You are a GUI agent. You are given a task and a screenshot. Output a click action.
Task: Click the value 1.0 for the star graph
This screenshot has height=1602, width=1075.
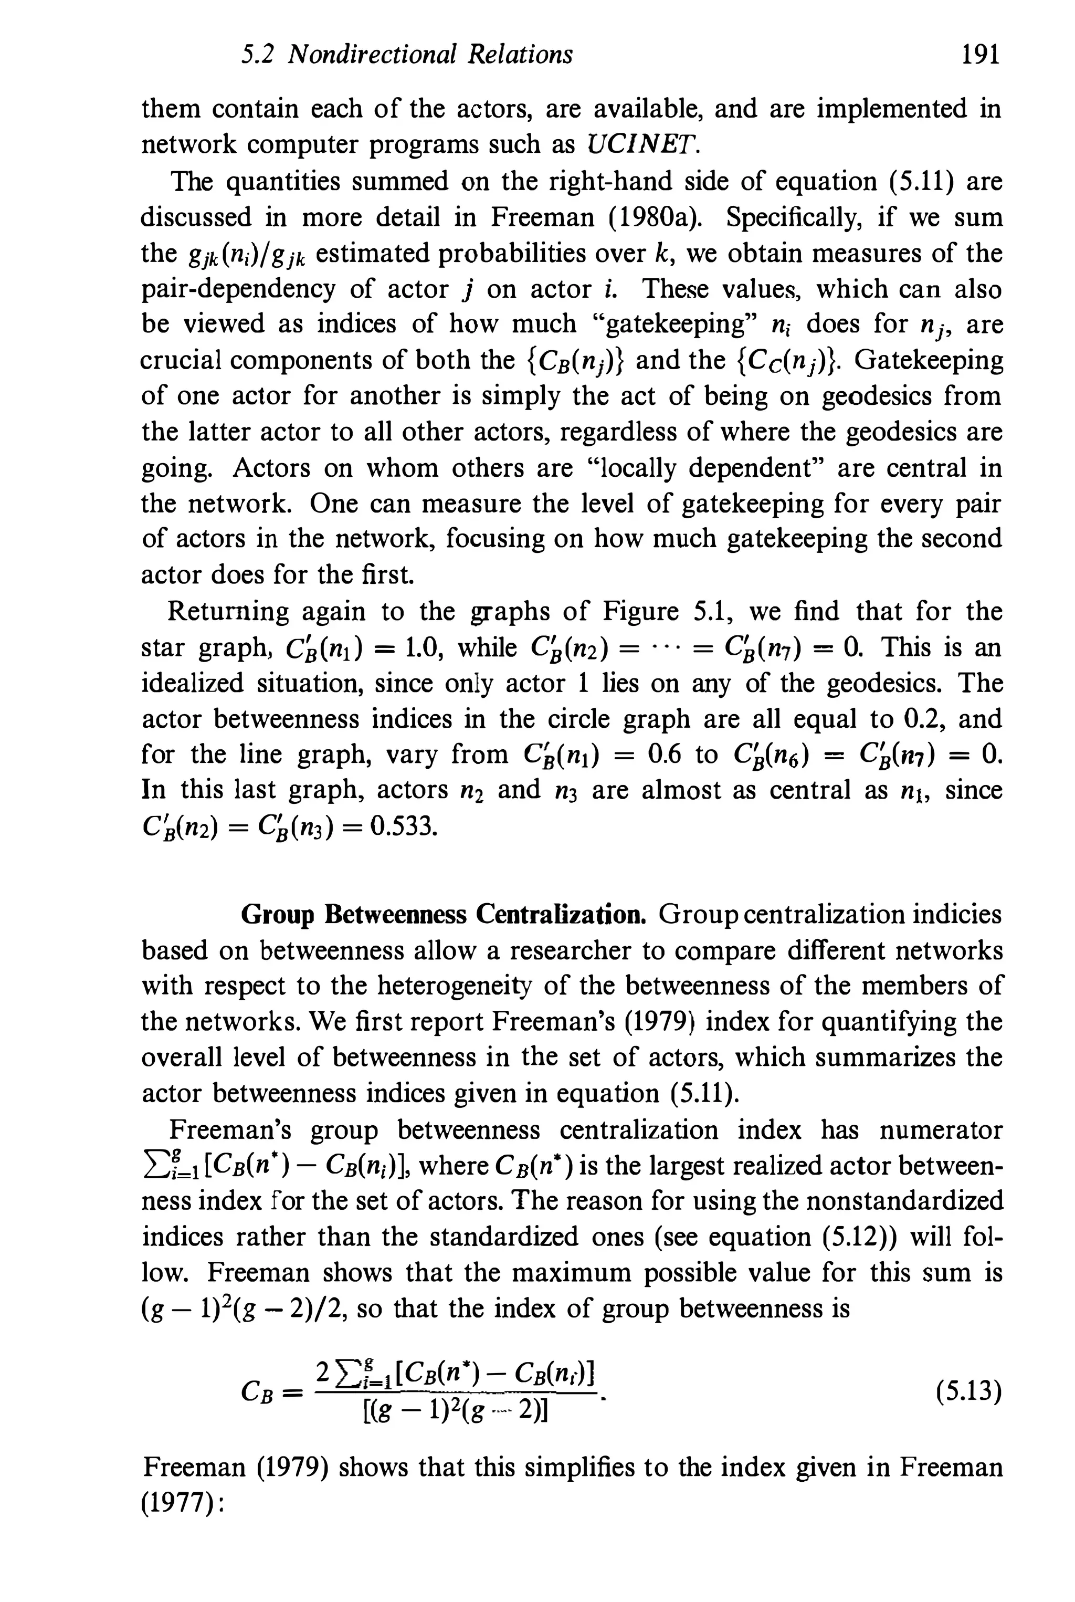(421, 647)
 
